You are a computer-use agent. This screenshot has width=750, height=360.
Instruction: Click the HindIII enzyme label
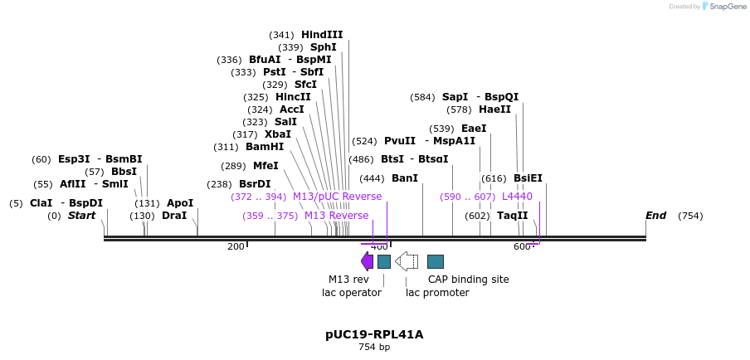pos(322,35)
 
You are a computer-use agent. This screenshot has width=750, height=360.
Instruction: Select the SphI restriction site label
pos(323,47)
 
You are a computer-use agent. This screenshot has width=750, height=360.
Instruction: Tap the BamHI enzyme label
pos(265,147)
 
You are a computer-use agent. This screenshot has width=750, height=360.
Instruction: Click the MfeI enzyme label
pos(265,166)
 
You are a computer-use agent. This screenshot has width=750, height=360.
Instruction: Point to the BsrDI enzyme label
pos(255,184)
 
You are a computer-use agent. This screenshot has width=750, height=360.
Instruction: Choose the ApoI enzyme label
pos(180,203)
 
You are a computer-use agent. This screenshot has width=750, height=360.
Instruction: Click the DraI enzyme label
pos(174,216)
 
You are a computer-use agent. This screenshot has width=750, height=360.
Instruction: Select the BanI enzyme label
pos(405,178)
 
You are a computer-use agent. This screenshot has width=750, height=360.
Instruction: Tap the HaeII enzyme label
pos(494,109)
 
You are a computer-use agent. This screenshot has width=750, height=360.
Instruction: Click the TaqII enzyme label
pos(512,216)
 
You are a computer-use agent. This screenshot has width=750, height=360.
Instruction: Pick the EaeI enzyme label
pos(474,129)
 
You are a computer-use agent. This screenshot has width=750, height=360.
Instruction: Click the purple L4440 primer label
pos(517,197)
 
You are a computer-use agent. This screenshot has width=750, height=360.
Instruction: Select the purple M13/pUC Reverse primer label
pos(337,197)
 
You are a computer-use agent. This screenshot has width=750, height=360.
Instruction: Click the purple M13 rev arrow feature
pos(367,261)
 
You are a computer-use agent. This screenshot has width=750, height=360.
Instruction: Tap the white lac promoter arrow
pos(407,261)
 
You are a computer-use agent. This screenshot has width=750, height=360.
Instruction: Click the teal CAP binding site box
pos(435,261)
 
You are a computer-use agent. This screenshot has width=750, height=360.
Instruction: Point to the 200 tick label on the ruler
pos(236,246)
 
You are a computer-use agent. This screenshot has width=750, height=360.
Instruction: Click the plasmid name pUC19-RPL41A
pos(374,334)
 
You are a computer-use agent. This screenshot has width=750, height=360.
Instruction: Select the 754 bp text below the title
pos(374,348)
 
